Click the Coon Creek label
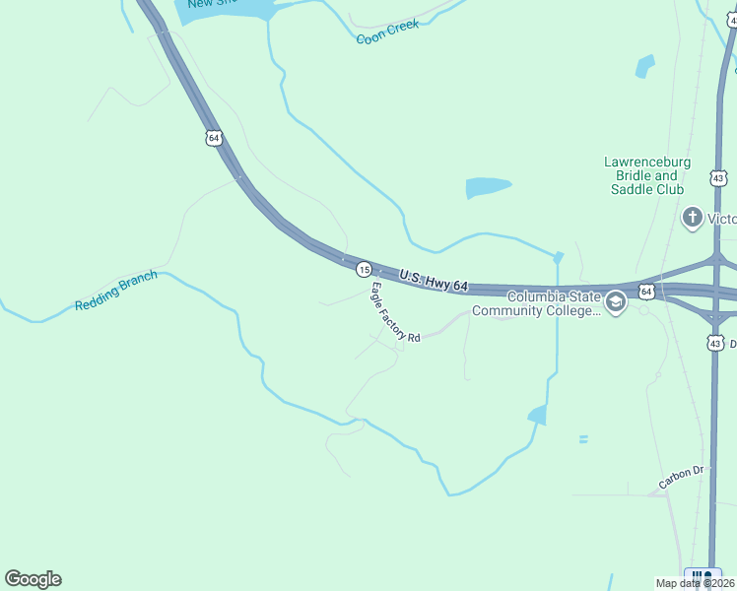pyautogui.click(x=387, y=32)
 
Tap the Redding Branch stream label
pyautogui.click(x=115, y=293)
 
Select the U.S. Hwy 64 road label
pyautogui.click(x=434, y=281)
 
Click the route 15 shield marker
pyautogui.click(x=364, y=269)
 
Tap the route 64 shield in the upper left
pyautogui.click(x=214, y=138)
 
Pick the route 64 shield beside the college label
pyautogui.click(x=645, y=292)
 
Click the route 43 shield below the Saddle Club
pyautogui.click(x=717, y=178)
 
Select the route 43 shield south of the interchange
pyautogui.click(x=715, y=342)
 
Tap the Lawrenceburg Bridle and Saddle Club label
pyautogui.click(x=646, y=175)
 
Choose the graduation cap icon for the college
pyautogui.click(x=616, y=301)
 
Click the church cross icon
pyautogui.click(x=692, y=217)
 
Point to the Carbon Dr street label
pyautogui.click(x=682, y=478)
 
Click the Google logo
pyautogui.click(x=33, y=579)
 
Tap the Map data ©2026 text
pyautogui.click(x=694, y=583)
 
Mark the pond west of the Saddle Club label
pyautogui.click(x=488, y=187)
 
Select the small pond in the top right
pyautogui.click(x=645, y=66)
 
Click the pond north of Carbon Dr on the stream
pyautogui.click(x=538, y=415)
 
